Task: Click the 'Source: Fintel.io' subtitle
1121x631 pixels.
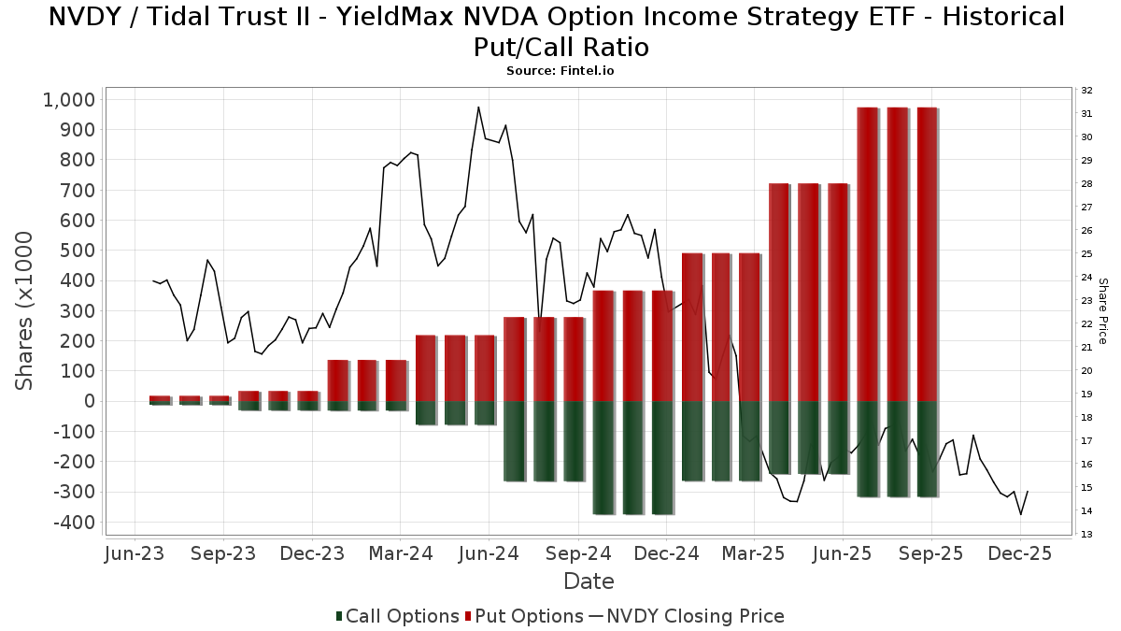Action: [x=560, y=70]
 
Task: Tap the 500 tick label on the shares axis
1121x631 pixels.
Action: [x=77, y=251]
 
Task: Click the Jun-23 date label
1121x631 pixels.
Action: [x=135, y=553]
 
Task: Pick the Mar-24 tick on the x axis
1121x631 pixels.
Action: [x=400, y=553]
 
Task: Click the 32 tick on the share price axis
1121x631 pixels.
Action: [x=1086, y=91]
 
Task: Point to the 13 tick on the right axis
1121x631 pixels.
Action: [x=1086, y=534]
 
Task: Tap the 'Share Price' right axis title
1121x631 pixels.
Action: [x=1102, y=310]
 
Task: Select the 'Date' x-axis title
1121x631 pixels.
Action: [x=589, y=581]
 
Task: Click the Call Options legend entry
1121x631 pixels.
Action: [x=397, y=616]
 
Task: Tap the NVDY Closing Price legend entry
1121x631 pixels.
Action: [x=687, y=616]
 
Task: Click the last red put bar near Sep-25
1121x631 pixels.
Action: [x=928, y=252]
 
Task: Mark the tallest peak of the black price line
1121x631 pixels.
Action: [x=478, y=108]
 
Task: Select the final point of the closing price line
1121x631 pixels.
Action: [x=1028, y=492]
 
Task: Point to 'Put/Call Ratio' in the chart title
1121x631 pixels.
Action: [x=560, y=46]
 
